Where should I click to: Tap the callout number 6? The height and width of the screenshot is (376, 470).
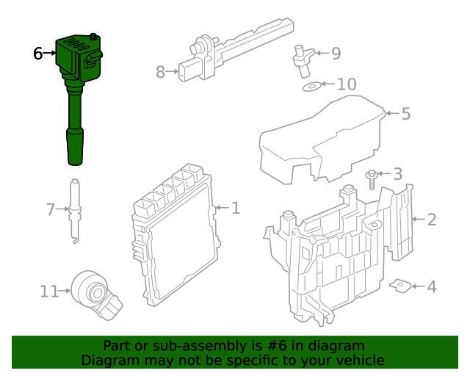point(38,53)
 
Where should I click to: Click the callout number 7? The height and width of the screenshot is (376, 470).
point(50,210)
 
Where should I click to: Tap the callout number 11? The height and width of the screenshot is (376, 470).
point(48,292)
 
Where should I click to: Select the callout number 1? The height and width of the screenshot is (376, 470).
point(235,209)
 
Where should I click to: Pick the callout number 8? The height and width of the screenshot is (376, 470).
point(161,72)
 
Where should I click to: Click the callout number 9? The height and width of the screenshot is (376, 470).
point(336,53)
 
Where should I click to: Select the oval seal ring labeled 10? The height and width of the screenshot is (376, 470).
point(311,87)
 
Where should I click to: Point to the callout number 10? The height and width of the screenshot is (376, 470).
point(346,84)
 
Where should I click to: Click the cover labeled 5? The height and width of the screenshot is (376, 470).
point(323,140)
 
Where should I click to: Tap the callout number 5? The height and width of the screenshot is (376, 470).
point(406,114)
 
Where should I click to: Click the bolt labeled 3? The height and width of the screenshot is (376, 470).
point(372,180)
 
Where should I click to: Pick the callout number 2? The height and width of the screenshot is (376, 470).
point(432,219)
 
